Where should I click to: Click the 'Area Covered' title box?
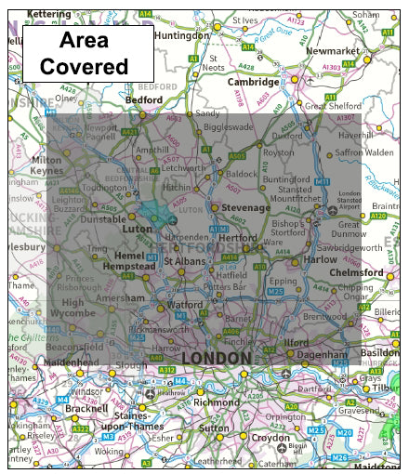pyautogui.click(x=88, y=53)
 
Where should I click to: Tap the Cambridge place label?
pyautogui.click(x=252, y=82)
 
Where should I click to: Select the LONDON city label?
pyautogui.click(x=216, y=357)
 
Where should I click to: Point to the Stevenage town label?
pyautogui.click(x=244, y=207)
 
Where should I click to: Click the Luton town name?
pyautogui.click(x=137, y=228)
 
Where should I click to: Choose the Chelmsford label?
pyautogui.click(x=357, y=273)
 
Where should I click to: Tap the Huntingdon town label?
pyautogui.click(x=178, y=35)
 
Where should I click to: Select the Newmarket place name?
pyautogui.click(x=334, y=52)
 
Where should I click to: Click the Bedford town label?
pyautogui.click(x=144, y=99)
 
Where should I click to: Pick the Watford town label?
pyautogui.click(x=184, y=304)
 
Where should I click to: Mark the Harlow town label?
pyautogui.click(x=320, y=260)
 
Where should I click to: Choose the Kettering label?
pyautogui.click(x=48, y=14)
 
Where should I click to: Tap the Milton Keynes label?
pyautogui.click(x=47, y=165)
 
